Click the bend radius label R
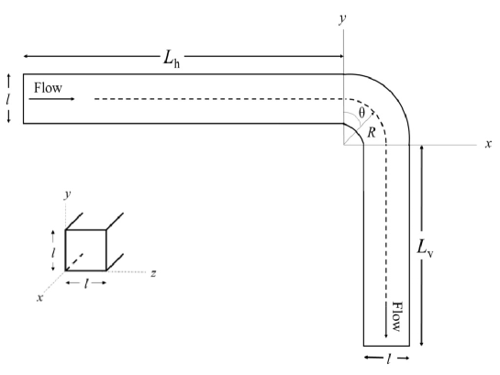coord(371,133)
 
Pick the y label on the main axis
coord(341,17)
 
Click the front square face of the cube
coord(86,249)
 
